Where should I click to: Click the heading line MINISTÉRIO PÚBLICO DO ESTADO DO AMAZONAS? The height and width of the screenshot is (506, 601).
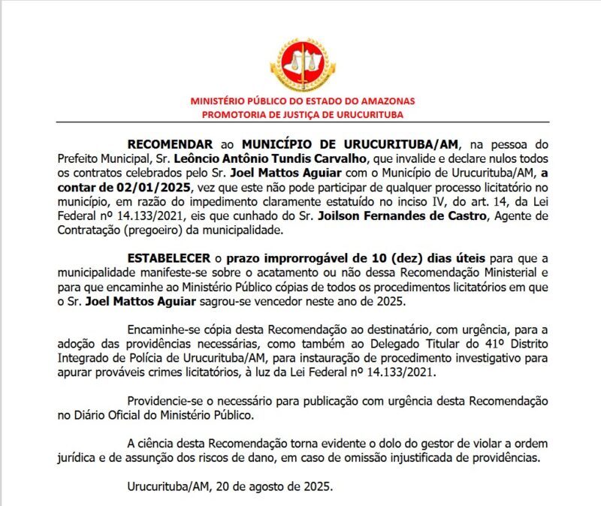302,101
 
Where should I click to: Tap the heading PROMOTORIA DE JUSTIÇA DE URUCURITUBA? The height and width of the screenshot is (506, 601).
302,114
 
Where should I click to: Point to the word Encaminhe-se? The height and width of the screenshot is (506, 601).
162,328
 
